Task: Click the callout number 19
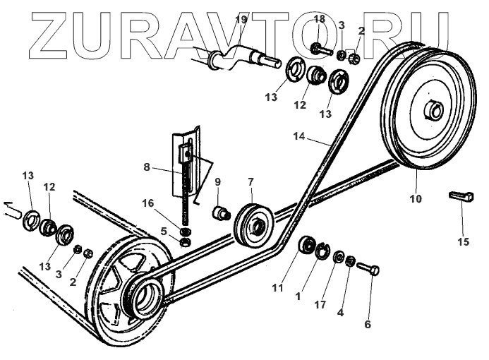pyautogui.click(x=241, y=20)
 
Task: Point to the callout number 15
pyautogui.click(x=463, y=242)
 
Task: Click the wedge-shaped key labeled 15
pyautogui.click(x=459, y=196)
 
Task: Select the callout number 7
pyautogui.click(x=250, y=183)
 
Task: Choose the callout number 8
pyautogui.click(x=146, y=169)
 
